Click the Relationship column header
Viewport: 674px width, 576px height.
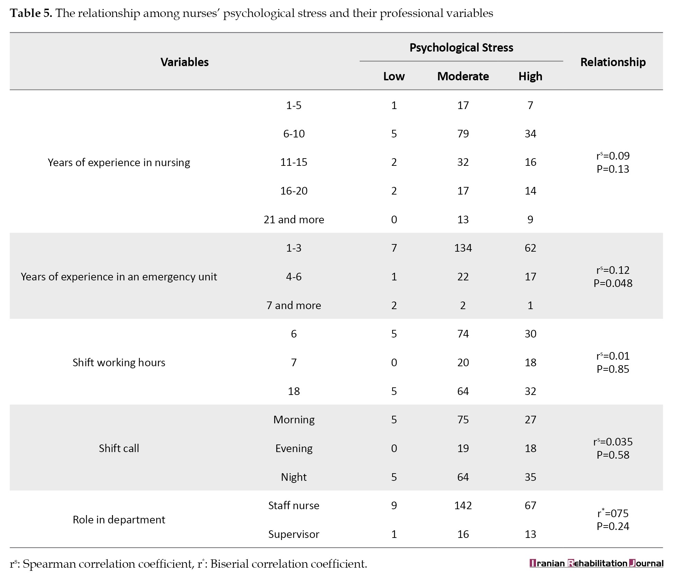point(613,62)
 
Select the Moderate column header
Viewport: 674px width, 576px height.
point(463,76)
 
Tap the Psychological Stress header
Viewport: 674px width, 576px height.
point(461,47)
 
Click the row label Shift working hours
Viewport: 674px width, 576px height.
point(119,362)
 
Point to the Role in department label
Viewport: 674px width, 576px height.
point(119,520)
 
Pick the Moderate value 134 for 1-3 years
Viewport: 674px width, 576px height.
point(463,248)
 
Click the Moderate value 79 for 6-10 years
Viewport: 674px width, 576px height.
point(463,134)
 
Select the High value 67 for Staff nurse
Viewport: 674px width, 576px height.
point(530,505)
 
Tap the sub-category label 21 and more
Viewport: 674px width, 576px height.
point(294,219)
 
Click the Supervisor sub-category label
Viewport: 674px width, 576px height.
point(294,534)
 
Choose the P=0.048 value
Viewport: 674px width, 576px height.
point(613,283)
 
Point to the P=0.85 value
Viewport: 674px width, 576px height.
point(613,369)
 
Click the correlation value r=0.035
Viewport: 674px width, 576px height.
point(613,442)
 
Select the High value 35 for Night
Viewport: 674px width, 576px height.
point(530,477)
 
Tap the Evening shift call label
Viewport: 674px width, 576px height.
point(294,448)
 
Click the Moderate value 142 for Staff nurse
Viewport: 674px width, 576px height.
point(463,505)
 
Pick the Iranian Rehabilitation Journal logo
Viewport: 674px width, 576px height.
point(596,563)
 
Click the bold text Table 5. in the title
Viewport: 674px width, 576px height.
point(31,13)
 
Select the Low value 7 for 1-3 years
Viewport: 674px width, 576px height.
point(394,248)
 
